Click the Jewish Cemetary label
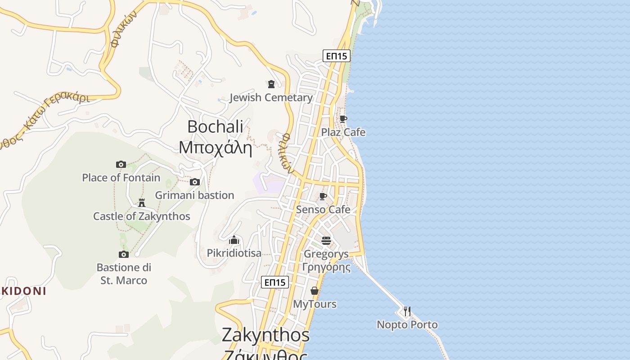[271, 98]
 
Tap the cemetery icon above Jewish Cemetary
[271, 84]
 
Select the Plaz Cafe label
[343, 132]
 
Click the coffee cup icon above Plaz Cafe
[343, 119]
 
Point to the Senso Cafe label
[323, 210]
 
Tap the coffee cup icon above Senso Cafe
[323, 196]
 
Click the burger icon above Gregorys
[326, 241]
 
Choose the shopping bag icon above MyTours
[315, 291]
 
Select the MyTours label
[315, 304]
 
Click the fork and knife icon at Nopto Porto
[407, 311]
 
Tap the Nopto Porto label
[407, 324]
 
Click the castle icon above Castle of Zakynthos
[142, 203]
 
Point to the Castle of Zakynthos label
[142, 216]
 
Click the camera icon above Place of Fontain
[121, 164]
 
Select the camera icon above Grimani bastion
[195, 182]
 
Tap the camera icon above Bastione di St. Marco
[124, 254]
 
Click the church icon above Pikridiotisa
[234, 240]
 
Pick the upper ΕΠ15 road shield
[337, 56]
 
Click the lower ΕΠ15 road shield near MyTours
[275, 282]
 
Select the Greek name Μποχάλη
[215, 147]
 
